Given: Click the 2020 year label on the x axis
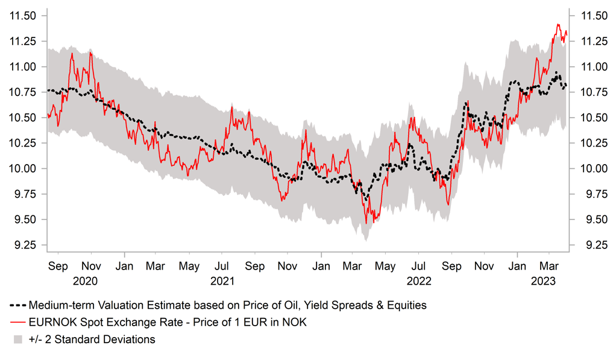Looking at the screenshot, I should tap(85, 281).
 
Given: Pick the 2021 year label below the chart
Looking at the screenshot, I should tap(222, 281).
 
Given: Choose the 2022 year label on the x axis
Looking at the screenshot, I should tap(419, 281).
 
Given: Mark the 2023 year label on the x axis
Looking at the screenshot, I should tap(542, 281).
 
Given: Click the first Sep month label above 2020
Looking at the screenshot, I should tap(57, 265).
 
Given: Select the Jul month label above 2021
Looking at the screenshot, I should tap(222, 265).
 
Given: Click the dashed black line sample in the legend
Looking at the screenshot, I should tap(17, 305).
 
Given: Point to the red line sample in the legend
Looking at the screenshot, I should tap(17, 323).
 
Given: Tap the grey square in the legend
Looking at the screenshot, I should tap(17, 339).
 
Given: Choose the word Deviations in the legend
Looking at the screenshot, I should tap(127, 339).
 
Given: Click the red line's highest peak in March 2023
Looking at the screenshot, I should tap(558, 25).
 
